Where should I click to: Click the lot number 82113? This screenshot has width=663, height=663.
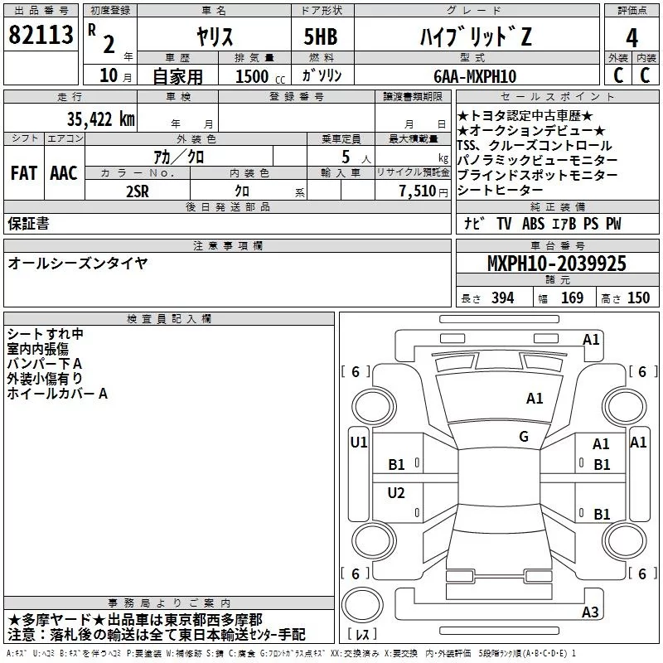(x=41, y=35)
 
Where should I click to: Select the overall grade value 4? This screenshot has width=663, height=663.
(x=632, y=38)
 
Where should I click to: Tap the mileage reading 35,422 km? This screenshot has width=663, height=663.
(x=100, y=119)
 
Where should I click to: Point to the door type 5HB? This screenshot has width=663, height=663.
(x=321, y=36)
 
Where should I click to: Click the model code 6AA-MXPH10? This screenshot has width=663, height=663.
(x=475, y=76)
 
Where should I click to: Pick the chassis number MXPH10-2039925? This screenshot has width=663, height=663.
(x=556, y=264)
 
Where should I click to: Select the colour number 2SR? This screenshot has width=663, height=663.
(x=138, y=191)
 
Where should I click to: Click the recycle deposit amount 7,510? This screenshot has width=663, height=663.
(x=418, y=191)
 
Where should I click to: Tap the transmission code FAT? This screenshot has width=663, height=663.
(x=24, y=173)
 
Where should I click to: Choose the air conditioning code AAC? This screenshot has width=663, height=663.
(x=64, y=173)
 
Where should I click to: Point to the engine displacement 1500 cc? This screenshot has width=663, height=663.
(x=260, y=76)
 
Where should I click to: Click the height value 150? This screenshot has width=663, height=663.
(x=638, y=298)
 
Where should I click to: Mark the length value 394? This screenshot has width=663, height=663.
(x=503, y=298)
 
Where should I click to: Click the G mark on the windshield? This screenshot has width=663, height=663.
(x=524, y=437)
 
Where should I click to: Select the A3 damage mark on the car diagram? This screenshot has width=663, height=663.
(x=590, y=612)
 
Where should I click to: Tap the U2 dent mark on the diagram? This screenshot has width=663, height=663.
(x=396, y=492)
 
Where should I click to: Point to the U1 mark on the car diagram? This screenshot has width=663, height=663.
(x=359, y=443)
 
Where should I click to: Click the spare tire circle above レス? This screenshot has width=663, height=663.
(x=362, y=605)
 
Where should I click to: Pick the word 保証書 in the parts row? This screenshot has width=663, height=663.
(x=28, y=224)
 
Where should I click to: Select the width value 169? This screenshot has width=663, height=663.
(x=572, y=298)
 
